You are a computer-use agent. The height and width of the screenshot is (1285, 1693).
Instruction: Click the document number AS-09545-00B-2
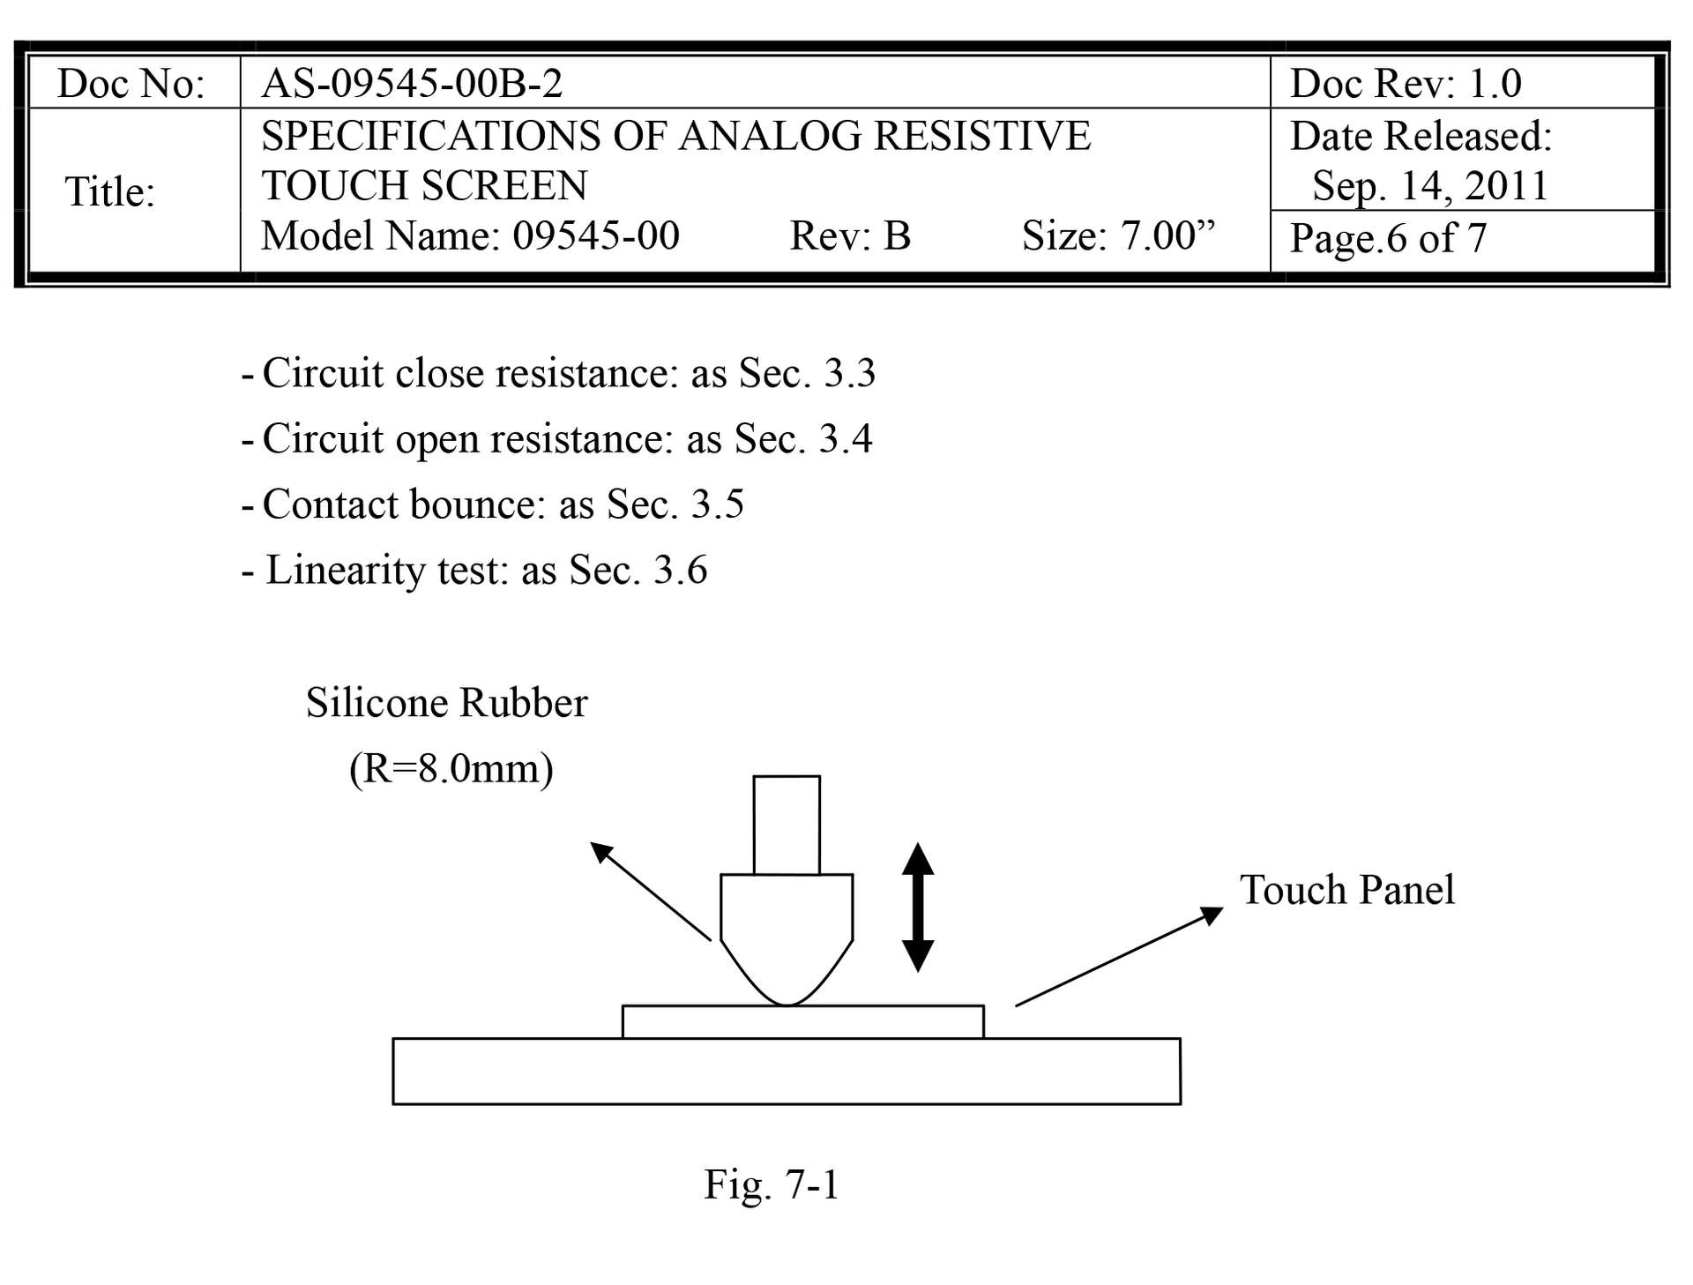click(x=412, y=84)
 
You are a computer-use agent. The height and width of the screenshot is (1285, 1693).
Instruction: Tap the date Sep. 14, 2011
click(x=1430, y=186)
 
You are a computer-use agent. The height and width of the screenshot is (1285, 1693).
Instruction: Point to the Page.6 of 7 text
click(x=1389, y=238)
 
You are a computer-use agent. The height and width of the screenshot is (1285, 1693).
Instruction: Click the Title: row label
click(x=110, y=192)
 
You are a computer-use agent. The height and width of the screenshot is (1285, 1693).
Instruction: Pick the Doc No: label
click(x=131, y=84)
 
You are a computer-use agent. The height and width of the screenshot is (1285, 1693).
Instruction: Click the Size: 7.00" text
click(x=1118, y=235)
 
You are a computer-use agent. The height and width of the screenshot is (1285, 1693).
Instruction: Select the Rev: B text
click(x=850, y=235)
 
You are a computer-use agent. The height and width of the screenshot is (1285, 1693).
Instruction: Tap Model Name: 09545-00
click(x=471, y=235)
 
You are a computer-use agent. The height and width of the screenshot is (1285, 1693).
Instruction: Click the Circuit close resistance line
click(x=559, y=373)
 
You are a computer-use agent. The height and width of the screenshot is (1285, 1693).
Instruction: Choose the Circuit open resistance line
click(x=557, y=438)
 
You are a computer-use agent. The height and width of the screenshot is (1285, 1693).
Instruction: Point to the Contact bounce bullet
click(x=493, y=504)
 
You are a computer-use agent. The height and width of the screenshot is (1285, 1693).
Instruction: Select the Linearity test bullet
click(x=474, y=570)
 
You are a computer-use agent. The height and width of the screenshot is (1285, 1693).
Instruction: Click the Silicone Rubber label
click(x=446, y=703)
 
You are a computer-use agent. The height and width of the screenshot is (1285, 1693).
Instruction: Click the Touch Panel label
click(x=1347, y=890)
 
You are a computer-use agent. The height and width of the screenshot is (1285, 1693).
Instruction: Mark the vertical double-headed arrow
click(x=918, y=907)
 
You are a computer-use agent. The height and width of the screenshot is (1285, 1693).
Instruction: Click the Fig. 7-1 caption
click(x=772, y=1184)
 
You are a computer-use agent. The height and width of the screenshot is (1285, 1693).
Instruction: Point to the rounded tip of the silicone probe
click(x=787, y=1004)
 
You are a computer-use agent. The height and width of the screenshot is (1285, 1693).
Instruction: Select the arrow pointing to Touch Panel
click(x=1120, y=956)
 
